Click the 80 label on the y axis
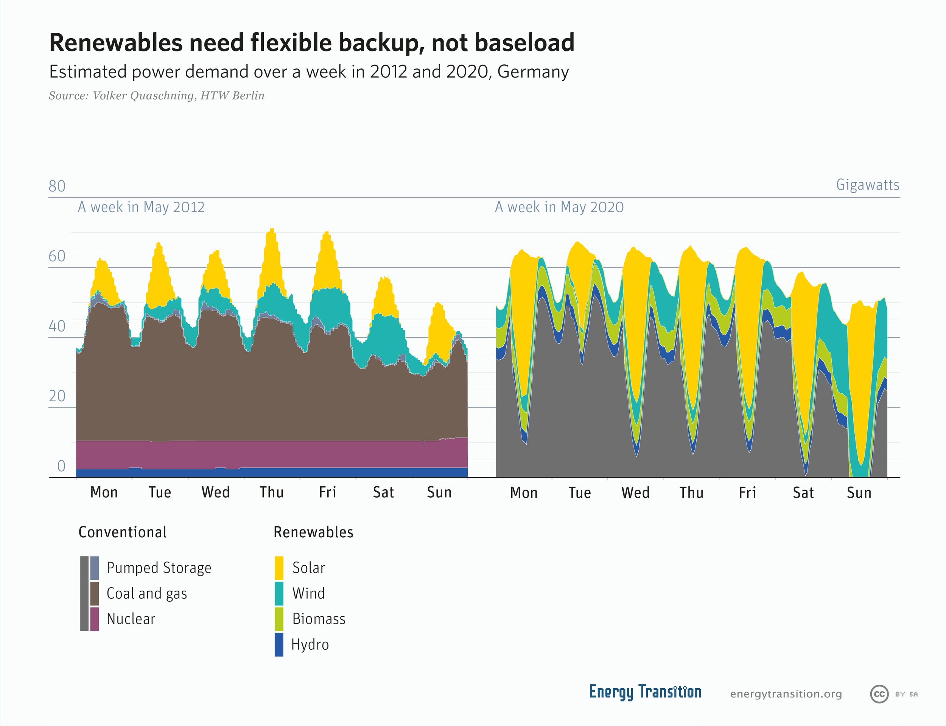[57, 186]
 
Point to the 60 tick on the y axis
[57, 256]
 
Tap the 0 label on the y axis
[61, 466]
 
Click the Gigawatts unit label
[867, 185]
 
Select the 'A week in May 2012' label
[141, 207]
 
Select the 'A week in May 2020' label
[559, 207]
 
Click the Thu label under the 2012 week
[272, 492]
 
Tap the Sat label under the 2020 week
[803, 493]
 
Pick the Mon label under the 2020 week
[524, 493]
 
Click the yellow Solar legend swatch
[279, 568]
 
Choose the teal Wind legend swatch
[279, 593]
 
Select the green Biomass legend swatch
[279, 619]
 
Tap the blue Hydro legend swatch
[279, 644]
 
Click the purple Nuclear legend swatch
[95, 619]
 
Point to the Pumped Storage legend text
[159, 568]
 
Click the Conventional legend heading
[122, 532]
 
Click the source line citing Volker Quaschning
[157, 96]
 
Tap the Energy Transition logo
[645, 692]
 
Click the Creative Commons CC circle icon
[879, 694]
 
